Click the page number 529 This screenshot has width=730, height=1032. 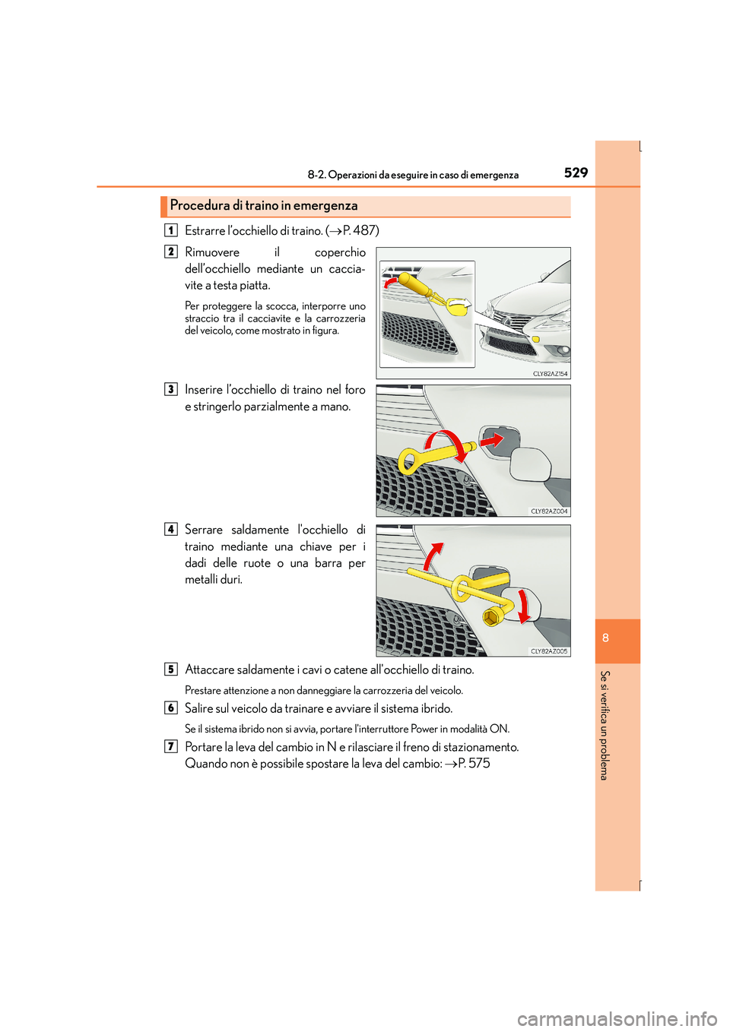576,173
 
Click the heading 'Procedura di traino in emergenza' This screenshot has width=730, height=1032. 263,205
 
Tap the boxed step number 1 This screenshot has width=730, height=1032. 171,230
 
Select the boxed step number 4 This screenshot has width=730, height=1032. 171,530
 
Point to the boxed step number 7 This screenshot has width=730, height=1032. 171,747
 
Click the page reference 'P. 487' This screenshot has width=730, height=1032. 360,230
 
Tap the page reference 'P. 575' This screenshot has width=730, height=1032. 473,764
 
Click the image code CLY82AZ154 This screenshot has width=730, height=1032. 550,374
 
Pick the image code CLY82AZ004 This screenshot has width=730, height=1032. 549,511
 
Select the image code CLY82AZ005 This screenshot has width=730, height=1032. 549,651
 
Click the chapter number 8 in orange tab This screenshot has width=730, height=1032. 605,638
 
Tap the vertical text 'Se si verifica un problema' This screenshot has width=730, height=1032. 605,725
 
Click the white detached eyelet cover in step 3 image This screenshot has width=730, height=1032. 530,464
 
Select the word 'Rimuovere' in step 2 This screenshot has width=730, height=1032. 212,252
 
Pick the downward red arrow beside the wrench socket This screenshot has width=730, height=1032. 523,606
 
